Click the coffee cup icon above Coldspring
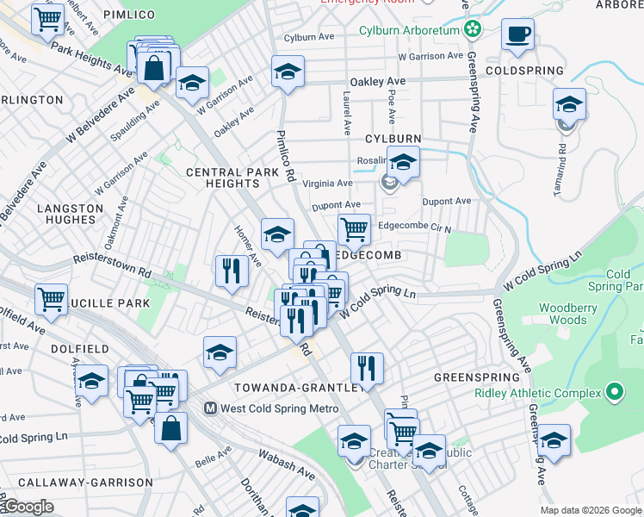click(x=518, y=34)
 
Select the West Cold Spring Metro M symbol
click(x=209, y=408)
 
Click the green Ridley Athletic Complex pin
click(x=613, y=393)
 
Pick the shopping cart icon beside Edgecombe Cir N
click(x=354, y=229)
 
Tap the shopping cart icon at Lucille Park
click(x=52, y=299)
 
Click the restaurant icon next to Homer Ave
click(x=231, y=271)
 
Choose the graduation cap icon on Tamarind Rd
click(x=569, y=104)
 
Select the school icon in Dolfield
click(x=91, y=380)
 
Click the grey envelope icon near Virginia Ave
click(x=388, y=182)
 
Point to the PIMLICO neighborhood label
click(x=128, y=16)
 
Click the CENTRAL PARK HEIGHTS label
click(x=232, y=178)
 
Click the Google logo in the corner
click(x=28, y=507)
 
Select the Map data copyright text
click(x=590, y=510)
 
